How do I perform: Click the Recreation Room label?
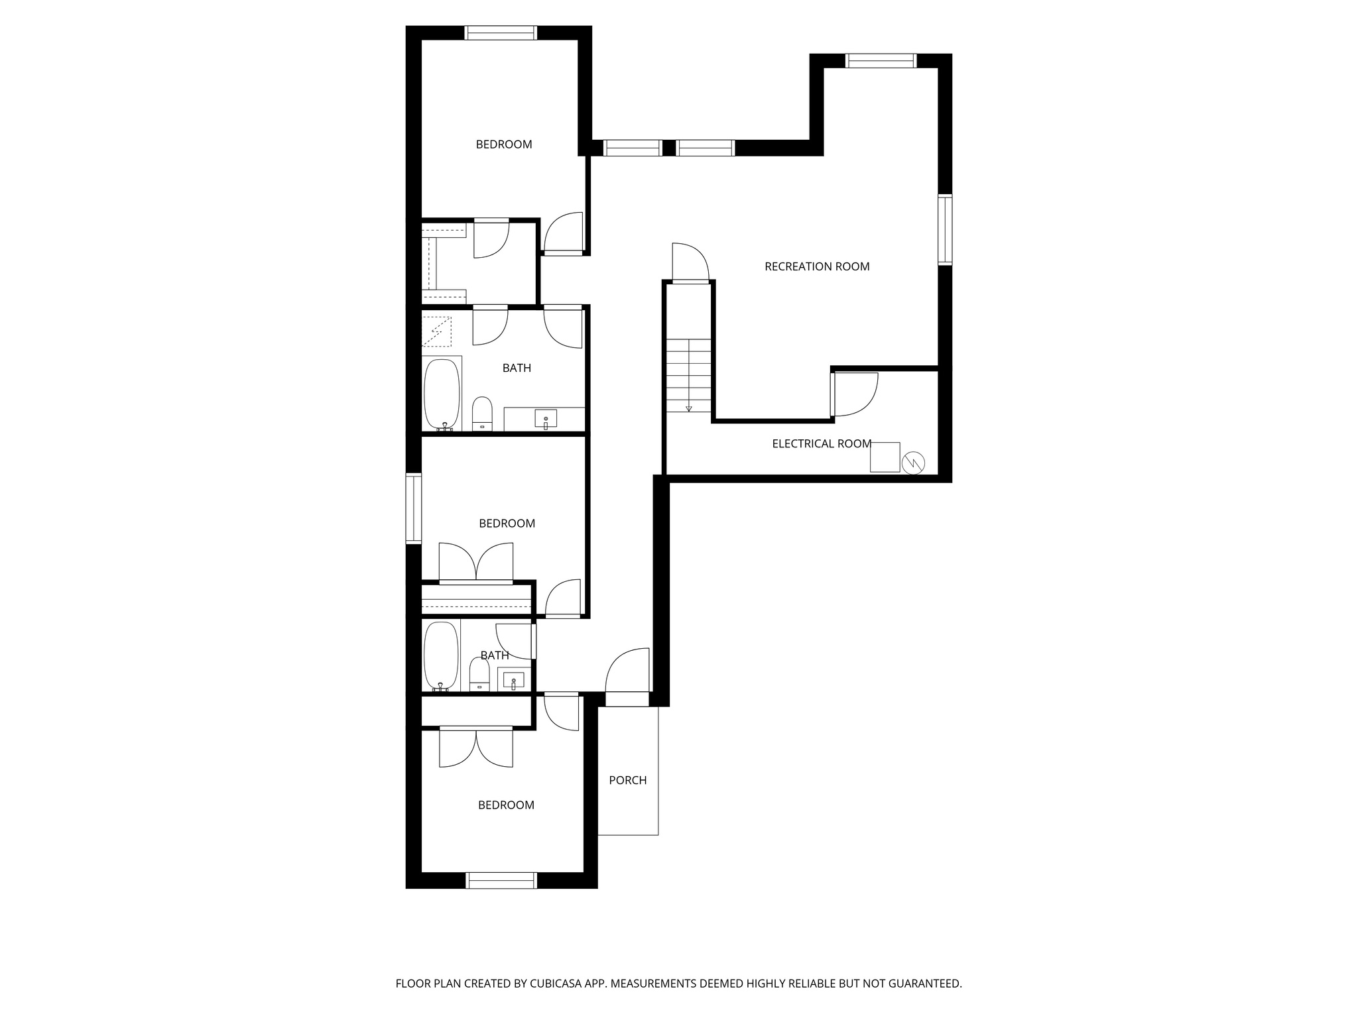pos(816,266)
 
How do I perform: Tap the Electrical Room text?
pos(821,444)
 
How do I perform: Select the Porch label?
pos(627,781)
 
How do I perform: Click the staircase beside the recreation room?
pos(689,375)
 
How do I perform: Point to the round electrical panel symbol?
pos(913,463)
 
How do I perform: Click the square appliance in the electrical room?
pos(885,457)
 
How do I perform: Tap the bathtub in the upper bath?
pos(442,394)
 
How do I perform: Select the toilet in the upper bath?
pos(482,413)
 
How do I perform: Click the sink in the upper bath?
pos(546,419)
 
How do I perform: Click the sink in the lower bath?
pos(513,680)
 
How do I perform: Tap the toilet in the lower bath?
pos(479,673)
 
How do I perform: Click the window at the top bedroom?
pos(500,33)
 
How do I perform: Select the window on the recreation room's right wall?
pos(945,230)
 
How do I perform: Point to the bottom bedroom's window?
pos(501,880)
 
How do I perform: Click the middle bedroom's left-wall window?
pos(414,508)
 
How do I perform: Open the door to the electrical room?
pos(854,394)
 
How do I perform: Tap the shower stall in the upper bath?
pos(437,331)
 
